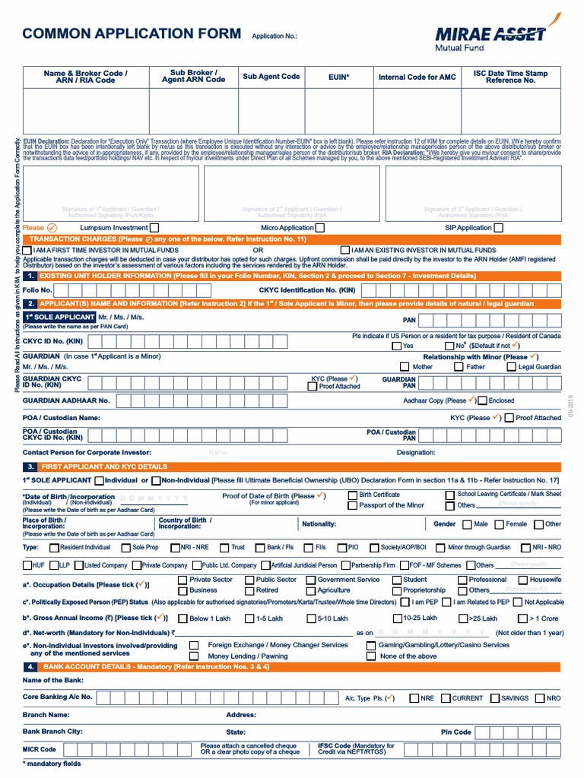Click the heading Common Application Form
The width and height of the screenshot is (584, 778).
[132, 34]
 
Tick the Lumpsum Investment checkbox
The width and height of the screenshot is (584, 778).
[154, 227]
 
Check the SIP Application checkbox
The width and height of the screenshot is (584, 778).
[500, 227]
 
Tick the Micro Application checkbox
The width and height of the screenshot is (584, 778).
[319, 227]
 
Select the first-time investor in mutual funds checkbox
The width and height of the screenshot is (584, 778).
[27, 250]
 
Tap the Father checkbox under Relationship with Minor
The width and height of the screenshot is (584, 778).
[459, 367]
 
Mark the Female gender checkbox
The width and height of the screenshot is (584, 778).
[499, 524]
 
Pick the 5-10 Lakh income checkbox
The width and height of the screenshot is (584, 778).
[311, 618]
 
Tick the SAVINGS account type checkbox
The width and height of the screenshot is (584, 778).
[494, 698]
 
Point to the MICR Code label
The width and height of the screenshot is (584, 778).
[40, 749]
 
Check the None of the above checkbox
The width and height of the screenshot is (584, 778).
[371, 656]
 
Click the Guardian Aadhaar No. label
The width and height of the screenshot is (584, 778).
[66, 400]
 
